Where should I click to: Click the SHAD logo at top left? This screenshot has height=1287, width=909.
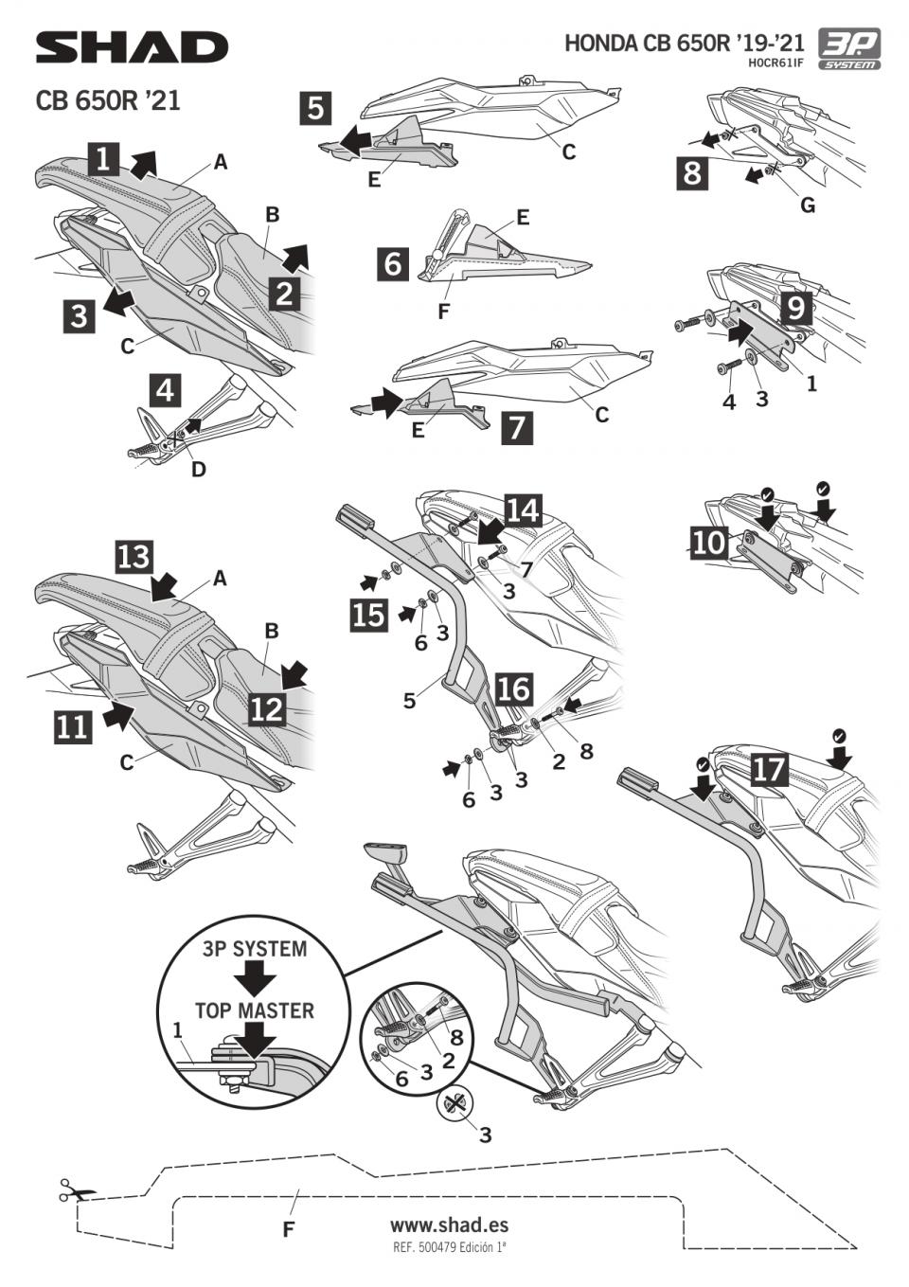click(132, 47)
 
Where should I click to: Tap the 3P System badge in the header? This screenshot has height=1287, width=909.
click(849, 49)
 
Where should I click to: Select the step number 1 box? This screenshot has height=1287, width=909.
click(104, 158)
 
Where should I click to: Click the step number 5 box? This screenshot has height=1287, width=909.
click(315, 107)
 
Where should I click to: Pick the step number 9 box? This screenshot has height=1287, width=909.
click(794, 308)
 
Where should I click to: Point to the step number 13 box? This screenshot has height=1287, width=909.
click(134, 556)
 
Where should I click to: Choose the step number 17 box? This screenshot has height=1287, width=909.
click(768, 769)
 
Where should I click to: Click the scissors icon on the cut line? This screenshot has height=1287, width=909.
click(69, 1189)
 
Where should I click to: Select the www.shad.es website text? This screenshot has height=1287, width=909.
click(449, 1224)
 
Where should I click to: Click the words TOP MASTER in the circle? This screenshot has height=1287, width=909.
click(254, 1010)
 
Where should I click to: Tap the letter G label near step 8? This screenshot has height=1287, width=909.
click(808, 206)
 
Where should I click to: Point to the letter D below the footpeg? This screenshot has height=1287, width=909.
click(198, 469)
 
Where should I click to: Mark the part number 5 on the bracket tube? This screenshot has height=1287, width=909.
click(409, 701)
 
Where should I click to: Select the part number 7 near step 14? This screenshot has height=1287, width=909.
click(526, 567)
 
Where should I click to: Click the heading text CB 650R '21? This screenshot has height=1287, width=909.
click(108, 100)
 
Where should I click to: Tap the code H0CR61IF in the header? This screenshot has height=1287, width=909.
click(775, 63)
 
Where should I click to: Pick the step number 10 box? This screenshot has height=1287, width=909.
click(709, 543)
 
